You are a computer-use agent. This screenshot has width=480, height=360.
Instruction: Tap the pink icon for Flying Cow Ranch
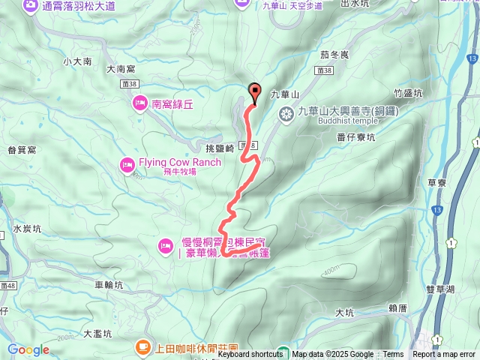tap(127, 164)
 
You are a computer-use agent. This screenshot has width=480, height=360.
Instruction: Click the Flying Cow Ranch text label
tap(180, 162)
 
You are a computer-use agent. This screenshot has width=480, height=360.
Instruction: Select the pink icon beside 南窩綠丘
tap(139, 106)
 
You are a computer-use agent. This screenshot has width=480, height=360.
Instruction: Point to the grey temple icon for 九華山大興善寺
tap(286, 114)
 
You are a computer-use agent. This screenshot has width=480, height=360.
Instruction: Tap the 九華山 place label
tap(284, 94)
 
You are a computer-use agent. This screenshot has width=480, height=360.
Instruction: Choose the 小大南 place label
tap(77, 61)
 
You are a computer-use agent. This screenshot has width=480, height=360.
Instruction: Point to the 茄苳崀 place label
tap(334, 55)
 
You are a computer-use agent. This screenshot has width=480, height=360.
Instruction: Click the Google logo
tap(28, 349)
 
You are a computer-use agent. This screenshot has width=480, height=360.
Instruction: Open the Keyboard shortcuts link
tap(250, 355)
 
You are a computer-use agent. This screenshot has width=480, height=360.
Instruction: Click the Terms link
tap(393, 355)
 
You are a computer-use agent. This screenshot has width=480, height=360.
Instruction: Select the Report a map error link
tap(445, 355)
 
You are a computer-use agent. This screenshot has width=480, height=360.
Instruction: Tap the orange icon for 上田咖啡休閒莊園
tap(142, 346)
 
